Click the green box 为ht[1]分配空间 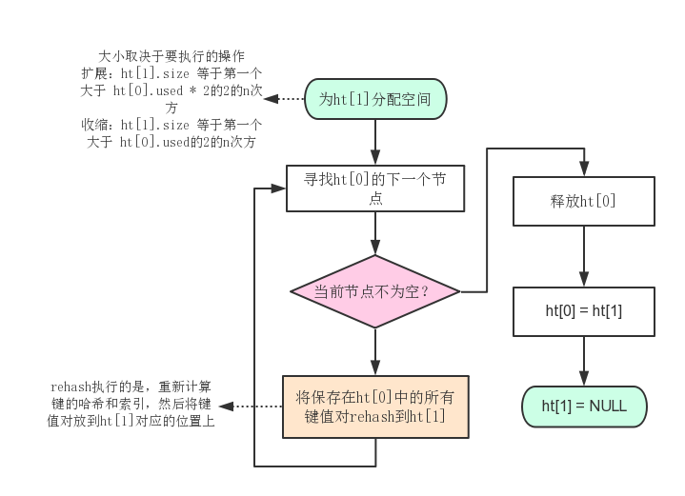pyautogui.click(x=374, y=99)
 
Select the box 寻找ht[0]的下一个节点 pyautogui.click(x=374, y=188)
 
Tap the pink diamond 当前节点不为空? pyautogui.click(x=374, y=291)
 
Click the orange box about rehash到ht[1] pyautogui.click(x=374, y=407)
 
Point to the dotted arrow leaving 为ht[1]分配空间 pyautogui.click(x=283, y=99)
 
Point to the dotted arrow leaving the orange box pyautogui.click(x=257, y=407)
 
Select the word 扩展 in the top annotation pyautogui.click(x=94, y=73)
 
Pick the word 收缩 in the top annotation pyautogui.click(x=94, y=125)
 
